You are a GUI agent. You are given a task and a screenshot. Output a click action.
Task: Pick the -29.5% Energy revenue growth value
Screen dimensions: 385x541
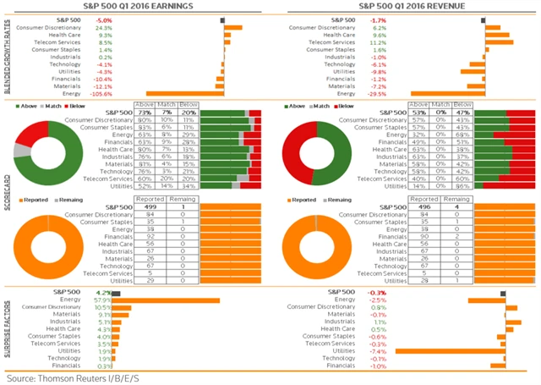379,94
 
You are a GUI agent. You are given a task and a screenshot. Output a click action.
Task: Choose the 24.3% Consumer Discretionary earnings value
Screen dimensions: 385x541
105,27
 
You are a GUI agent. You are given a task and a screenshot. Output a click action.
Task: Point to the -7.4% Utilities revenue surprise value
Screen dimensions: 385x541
378,350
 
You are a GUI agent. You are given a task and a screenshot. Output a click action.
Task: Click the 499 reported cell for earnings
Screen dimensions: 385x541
153,206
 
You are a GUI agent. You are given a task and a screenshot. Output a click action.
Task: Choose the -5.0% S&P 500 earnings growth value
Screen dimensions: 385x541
104,19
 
